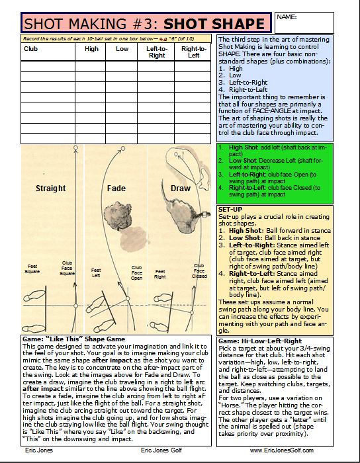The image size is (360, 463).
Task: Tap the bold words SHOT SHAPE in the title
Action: [x=214, y=24]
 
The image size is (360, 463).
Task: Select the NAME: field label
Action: [x=285, y=16]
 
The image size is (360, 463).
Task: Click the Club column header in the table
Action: [x=31, y=49]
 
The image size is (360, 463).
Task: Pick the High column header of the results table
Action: [x=92, y=49]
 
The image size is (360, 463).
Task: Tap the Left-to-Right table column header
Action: [x=156, y=52]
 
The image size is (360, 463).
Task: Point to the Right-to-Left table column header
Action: [x=193, y=52]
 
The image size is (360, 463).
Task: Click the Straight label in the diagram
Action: [x=51, y=189]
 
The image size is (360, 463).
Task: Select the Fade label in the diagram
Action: [x=116, y=189]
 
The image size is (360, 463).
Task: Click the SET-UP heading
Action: [x=230, y=209]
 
